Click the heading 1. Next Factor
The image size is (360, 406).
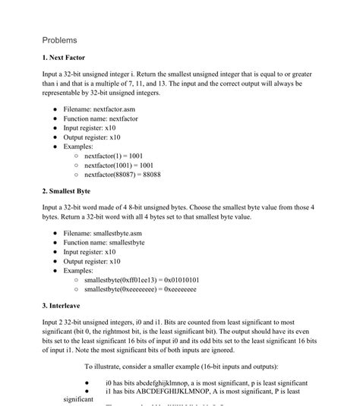(x=64, y=58)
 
